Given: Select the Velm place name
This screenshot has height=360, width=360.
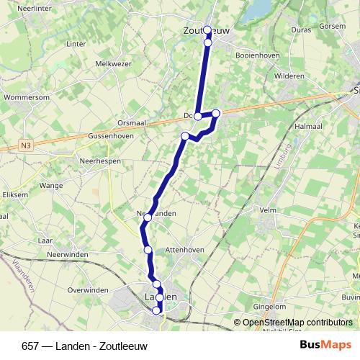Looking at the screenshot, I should (268, 210).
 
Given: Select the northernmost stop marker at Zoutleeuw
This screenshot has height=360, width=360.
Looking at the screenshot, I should (207, 30).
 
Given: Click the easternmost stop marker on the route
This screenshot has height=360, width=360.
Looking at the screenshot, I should (215, 112).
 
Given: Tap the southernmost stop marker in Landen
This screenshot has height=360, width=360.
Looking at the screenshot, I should (157, 310).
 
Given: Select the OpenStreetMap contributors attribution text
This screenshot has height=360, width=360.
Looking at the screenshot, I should (297, 323).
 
